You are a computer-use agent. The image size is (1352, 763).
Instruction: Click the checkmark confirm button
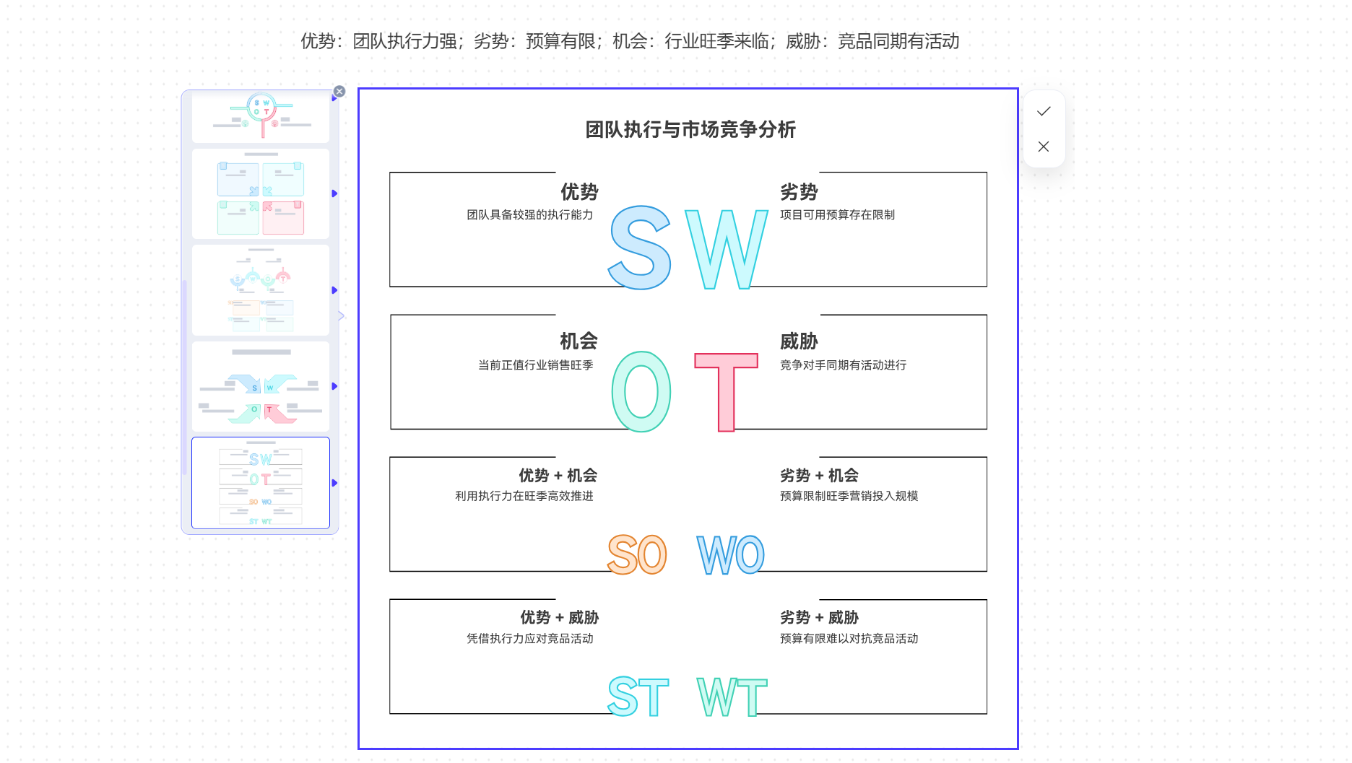click(x=1044, y=111)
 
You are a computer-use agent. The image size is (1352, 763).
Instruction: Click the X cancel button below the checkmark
click(x=1044, y=147)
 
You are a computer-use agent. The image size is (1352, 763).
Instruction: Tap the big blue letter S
click(x=640, y=248)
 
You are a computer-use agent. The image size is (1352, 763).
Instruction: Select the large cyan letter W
click(x=726, y=249)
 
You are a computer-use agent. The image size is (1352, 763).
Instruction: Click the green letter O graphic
click(x=641, y=392)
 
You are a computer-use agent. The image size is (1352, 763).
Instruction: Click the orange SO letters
click(x=637, y=554)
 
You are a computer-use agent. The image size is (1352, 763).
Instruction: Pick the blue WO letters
click(x=730, y=555)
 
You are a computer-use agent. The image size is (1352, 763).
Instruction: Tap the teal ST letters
click(x=638, y=697)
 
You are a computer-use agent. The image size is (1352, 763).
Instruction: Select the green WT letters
click(x=732, y=697)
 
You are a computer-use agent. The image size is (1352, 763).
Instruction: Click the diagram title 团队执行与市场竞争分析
click(x=690, y=130)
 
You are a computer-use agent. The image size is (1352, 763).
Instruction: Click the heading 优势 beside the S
click(x=579, y=192)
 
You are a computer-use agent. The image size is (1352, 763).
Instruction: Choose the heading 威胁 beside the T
click(x=799, y=341)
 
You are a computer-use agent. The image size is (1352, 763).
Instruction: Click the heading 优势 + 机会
click(x=558, y=476)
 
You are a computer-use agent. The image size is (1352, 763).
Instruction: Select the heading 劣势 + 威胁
click(x=819, y=618)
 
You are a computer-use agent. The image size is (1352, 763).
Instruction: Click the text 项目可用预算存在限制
click(x=837, y=215)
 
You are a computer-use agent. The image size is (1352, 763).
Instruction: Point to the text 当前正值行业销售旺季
click(x=535, y=365)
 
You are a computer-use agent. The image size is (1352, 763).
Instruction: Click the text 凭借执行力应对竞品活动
click(x=529, y=639)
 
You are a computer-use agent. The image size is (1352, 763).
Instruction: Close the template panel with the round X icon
click(x=339, y=92)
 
